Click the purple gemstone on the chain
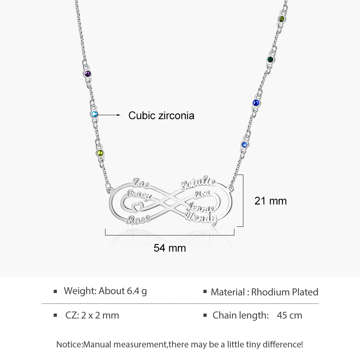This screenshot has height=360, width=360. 87,74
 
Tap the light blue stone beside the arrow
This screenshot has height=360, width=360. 94,114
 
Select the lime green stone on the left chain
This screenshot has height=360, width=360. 100,153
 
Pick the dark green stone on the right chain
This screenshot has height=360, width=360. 271,60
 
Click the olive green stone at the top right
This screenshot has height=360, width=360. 282,19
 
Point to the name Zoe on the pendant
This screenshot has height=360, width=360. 141,183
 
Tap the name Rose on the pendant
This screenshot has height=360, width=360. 139,220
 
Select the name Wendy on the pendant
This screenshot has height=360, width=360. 202,218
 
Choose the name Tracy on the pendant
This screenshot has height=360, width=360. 139,195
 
